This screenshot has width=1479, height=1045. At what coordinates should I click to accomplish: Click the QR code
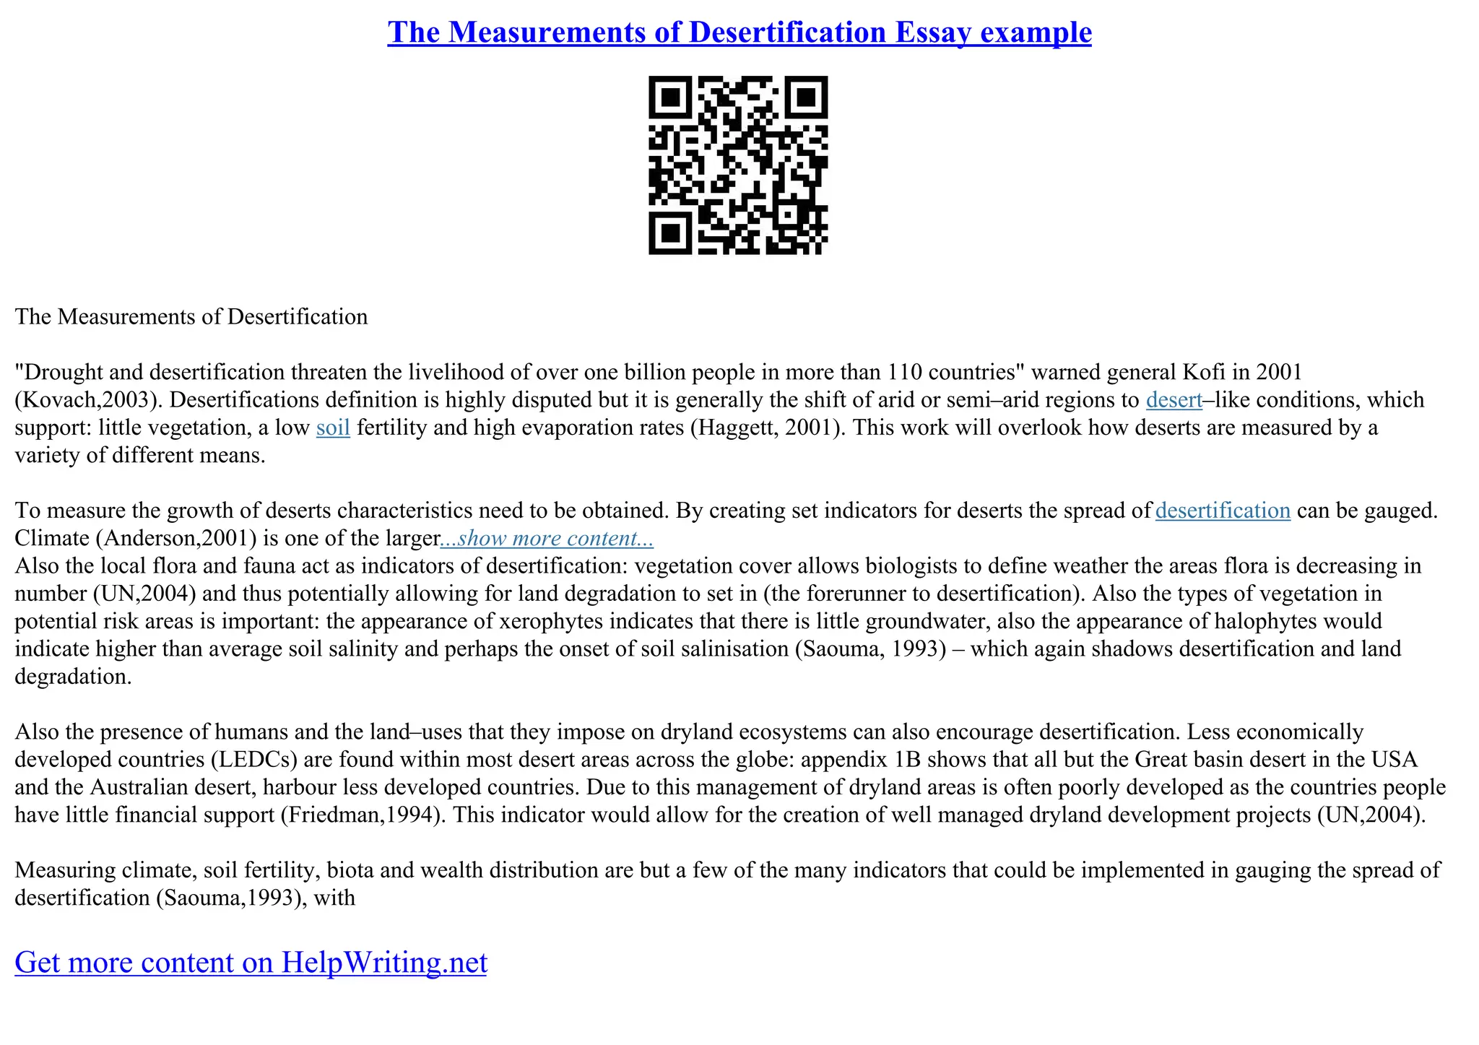coord(738,165)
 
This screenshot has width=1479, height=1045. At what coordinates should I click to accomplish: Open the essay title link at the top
coord(739,32)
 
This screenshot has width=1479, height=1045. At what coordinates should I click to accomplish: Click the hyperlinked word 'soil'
coord(333,428)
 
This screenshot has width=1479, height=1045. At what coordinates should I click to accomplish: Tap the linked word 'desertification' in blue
coord(1223,511)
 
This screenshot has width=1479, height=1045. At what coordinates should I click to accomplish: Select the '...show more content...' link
coord(547,538)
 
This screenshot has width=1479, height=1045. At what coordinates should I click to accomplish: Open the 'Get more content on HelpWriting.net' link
coord(251,963)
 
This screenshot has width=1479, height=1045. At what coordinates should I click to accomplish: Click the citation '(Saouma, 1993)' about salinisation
coord(870,649)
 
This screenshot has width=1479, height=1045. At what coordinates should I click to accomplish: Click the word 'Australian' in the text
coord(144,787)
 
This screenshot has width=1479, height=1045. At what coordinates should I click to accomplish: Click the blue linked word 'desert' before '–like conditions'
coord(1174,400)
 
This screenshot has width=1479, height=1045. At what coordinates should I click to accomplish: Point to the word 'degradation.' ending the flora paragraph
coord(73,677)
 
